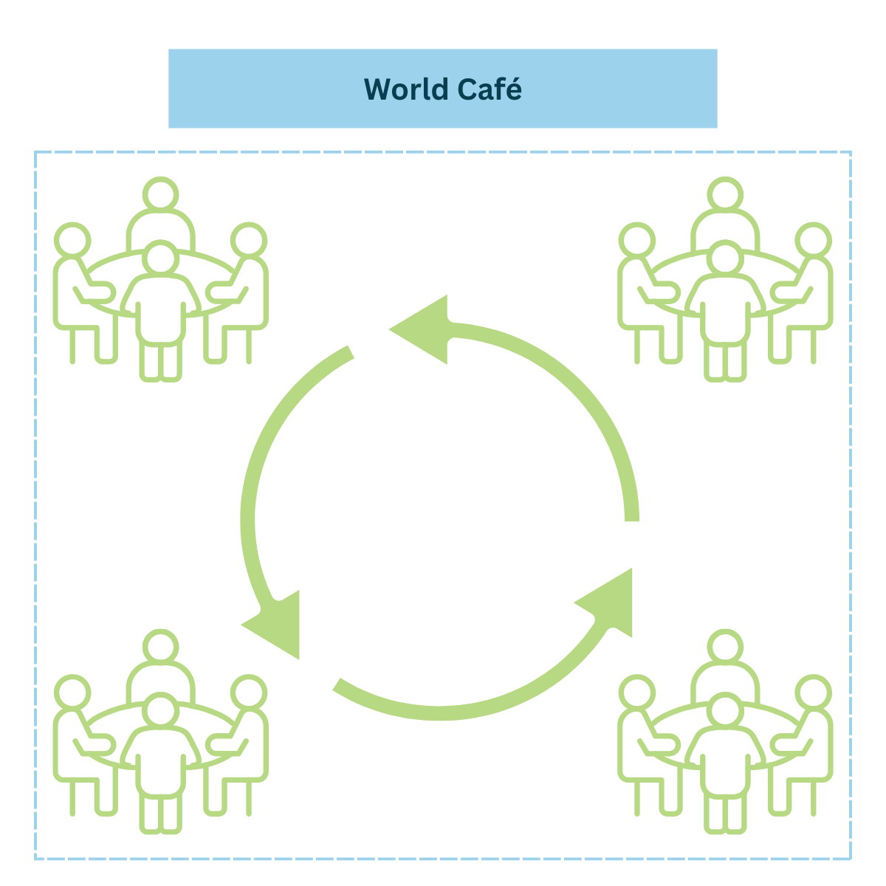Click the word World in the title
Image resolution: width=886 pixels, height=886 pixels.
click(406, 89)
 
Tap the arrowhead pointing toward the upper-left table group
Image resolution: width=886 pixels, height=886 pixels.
click(425, 329)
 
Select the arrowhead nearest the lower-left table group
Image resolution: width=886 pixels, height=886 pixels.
click(277, 623)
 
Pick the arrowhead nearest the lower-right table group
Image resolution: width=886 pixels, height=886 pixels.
click(610, 602)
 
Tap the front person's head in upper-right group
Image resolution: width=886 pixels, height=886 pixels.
click(725, 259)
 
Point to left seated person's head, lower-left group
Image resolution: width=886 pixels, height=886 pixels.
click(72, 693)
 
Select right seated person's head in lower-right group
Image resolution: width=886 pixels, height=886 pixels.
click(814, 693)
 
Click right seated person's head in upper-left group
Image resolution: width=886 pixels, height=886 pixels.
click(249, 241)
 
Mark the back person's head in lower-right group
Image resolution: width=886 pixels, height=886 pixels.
click(725, 647)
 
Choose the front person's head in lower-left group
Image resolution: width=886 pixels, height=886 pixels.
click(160, 711)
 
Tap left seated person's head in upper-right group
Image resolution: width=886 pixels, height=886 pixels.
click(636, 241)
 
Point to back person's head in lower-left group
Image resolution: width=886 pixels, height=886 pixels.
click(160, 647)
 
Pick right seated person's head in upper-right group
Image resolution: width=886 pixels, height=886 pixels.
click(814, 241)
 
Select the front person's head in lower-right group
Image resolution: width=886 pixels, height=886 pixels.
click(725, 711)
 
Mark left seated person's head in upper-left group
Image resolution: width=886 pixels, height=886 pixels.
click(72, 241)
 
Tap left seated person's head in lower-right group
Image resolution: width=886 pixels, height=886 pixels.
click(636, 693)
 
